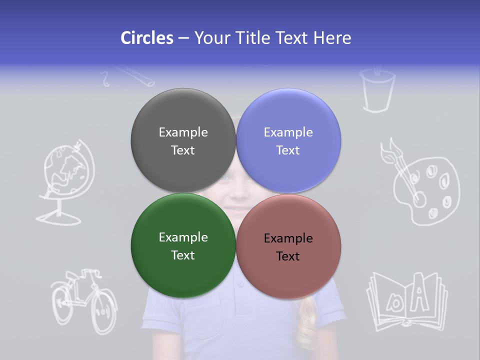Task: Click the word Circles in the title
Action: pyautogui.click(x=147, y=38)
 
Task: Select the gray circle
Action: pyautogui.click(x=183, y=140)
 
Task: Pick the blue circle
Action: pyautogui.click(x=288, y=140)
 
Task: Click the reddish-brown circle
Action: pyautogui.click(x=288, y=246)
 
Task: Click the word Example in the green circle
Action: pyautogui.click(x=183, y=237)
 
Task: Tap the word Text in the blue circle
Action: pyautogui.click(x=288, y=150)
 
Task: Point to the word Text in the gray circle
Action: pyautogui.click(x=183, y=150)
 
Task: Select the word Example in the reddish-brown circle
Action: pyautogui.click(x=288, y=238)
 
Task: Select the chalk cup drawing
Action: pyautogui.click(x=377, y=90)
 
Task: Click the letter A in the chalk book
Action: pyautogui.click(x=422, y=298)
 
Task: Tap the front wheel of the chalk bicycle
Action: pyautogui.click(x=104, y=313)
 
